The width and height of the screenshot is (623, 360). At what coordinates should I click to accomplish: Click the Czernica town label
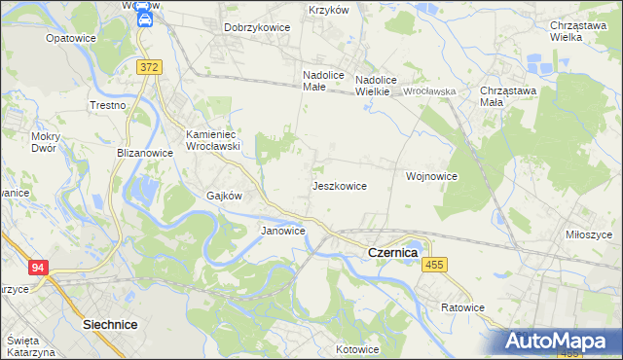tap(392, 252)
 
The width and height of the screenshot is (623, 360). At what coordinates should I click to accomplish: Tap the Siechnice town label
tap(110, 323)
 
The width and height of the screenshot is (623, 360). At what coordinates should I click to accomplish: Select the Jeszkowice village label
tap(339, 185)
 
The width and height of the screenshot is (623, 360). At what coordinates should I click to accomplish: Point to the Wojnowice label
tap(431, 176)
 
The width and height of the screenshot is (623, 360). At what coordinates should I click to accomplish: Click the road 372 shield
tap(149, 66)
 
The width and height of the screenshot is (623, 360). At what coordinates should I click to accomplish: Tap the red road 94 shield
tap(38, 268)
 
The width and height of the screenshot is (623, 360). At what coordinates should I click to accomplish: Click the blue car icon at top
tap(143, 18)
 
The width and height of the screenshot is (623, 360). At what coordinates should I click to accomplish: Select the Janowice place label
tap(282, 231)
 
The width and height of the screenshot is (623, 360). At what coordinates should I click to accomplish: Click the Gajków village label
tap(224, 195)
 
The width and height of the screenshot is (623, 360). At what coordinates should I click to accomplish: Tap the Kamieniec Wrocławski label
tap(213, 139)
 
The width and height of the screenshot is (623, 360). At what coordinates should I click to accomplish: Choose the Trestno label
tap(108, 104)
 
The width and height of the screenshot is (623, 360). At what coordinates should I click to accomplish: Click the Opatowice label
tap(70, 38)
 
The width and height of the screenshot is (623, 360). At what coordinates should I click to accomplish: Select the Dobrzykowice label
tap(257, 27)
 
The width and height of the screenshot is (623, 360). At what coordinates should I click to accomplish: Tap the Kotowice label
tap(356, 348)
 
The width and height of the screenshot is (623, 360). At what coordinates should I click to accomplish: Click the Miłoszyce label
tap(588, 234)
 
